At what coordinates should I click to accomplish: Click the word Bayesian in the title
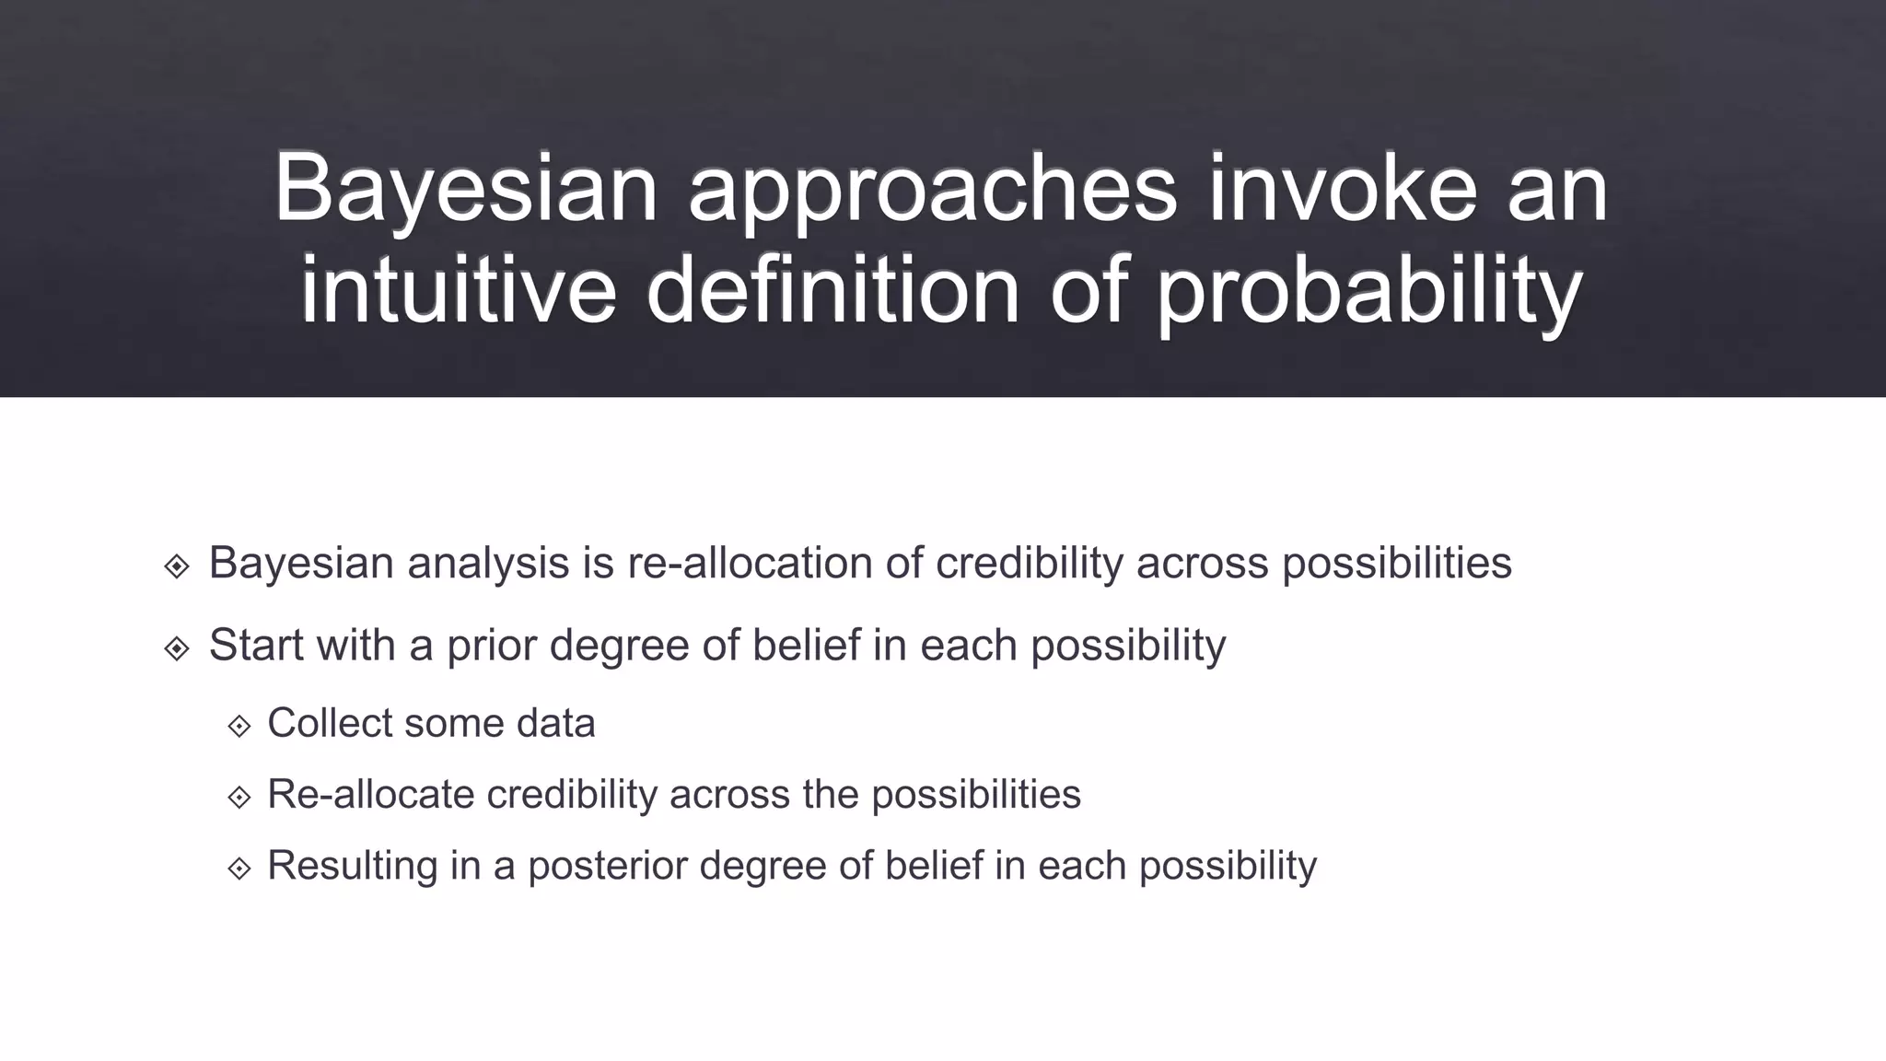(465, 189)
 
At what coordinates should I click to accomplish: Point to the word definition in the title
(832, 290)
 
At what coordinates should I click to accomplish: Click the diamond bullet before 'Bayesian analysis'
(177, 565)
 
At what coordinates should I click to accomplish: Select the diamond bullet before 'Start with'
(177, 648)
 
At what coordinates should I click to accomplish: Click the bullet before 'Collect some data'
(239, 726)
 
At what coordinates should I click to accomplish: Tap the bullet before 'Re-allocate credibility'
(239, 797)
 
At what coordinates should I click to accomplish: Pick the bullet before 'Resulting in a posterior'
(239, 868)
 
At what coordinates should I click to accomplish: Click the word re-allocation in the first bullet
(750, 563)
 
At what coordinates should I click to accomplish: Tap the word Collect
(329, 723)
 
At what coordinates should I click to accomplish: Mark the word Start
(256, 645)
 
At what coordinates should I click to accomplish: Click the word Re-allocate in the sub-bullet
(370, 794)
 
